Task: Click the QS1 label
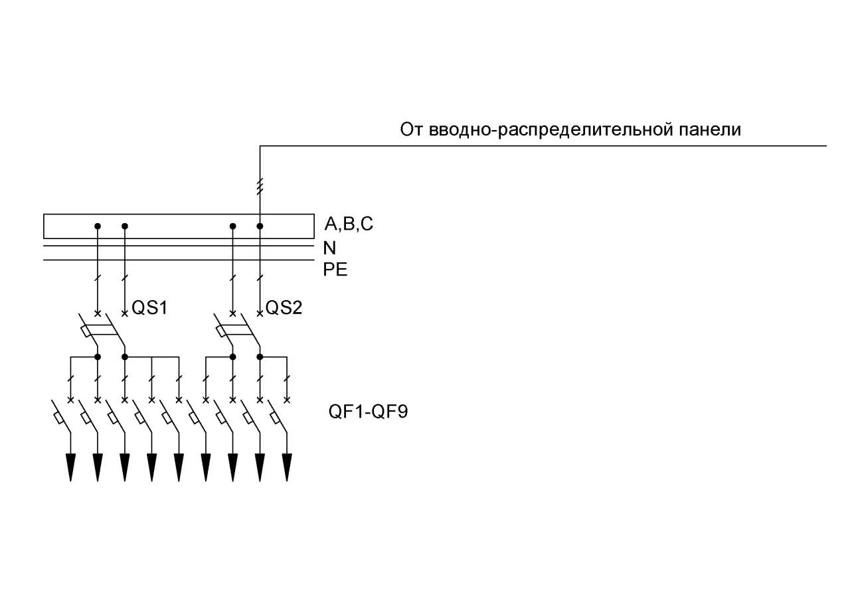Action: tap(149, 307)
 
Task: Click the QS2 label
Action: tap(284, 307)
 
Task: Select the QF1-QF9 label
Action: tap(368, 412)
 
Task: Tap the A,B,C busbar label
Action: tap(349, 224)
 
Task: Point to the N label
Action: tap(329, 248)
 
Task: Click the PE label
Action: tap(335, 270)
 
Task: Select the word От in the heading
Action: tap(411, 129)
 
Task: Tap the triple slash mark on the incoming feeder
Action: tap(260, 187)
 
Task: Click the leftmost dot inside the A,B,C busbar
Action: tap(98, 226)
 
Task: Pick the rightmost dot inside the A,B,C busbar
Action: tap(260, 226)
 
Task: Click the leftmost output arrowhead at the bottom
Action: tap(70, 468)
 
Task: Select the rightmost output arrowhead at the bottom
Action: tap(287, 468)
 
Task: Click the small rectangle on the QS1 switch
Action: tap(86, 331)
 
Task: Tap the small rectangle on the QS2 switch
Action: tap(221, 331)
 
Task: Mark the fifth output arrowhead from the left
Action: tap(179, 468)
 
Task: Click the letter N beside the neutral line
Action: tap(329, 248)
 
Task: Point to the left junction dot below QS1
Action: tap(98, 357)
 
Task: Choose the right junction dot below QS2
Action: tap(260, 357)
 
